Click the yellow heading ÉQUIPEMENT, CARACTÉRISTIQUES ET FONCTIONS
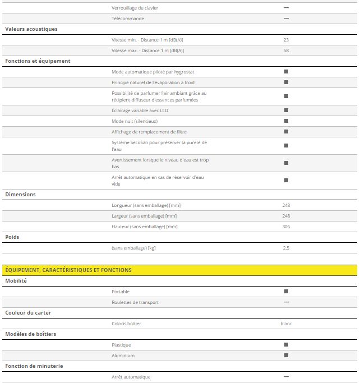[x=68, y=270]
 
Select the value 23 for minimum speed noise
[x=286, y=40]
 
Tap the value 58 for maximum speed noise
[x=286, y=50]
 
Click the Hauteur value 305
[x=286, y=227]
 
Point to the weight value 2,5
[x=286, y=248]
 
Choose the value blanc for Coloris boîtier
[x=286, y=324]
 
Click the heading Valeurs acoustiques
[x=31, y=29]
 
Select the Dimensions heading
[x=20, y=195]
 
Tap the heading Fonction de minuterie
[x=34, y=366]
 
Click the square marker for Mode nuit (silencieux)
[x=286, y=121]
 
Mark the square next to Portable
[x=286, y=292]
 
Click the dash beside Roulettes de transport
[x=286, y=302]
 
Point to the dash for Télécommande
[x=286, y=19]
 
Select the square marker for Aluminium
[x=286, y=356]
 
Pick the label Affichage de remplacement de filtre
[x=149, y=132]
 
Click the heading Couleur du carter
[x=28, y=312]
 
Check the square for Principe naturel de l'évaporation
[x=286, y=82]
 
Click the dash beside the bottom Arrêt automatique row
[x=286, y=377]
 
